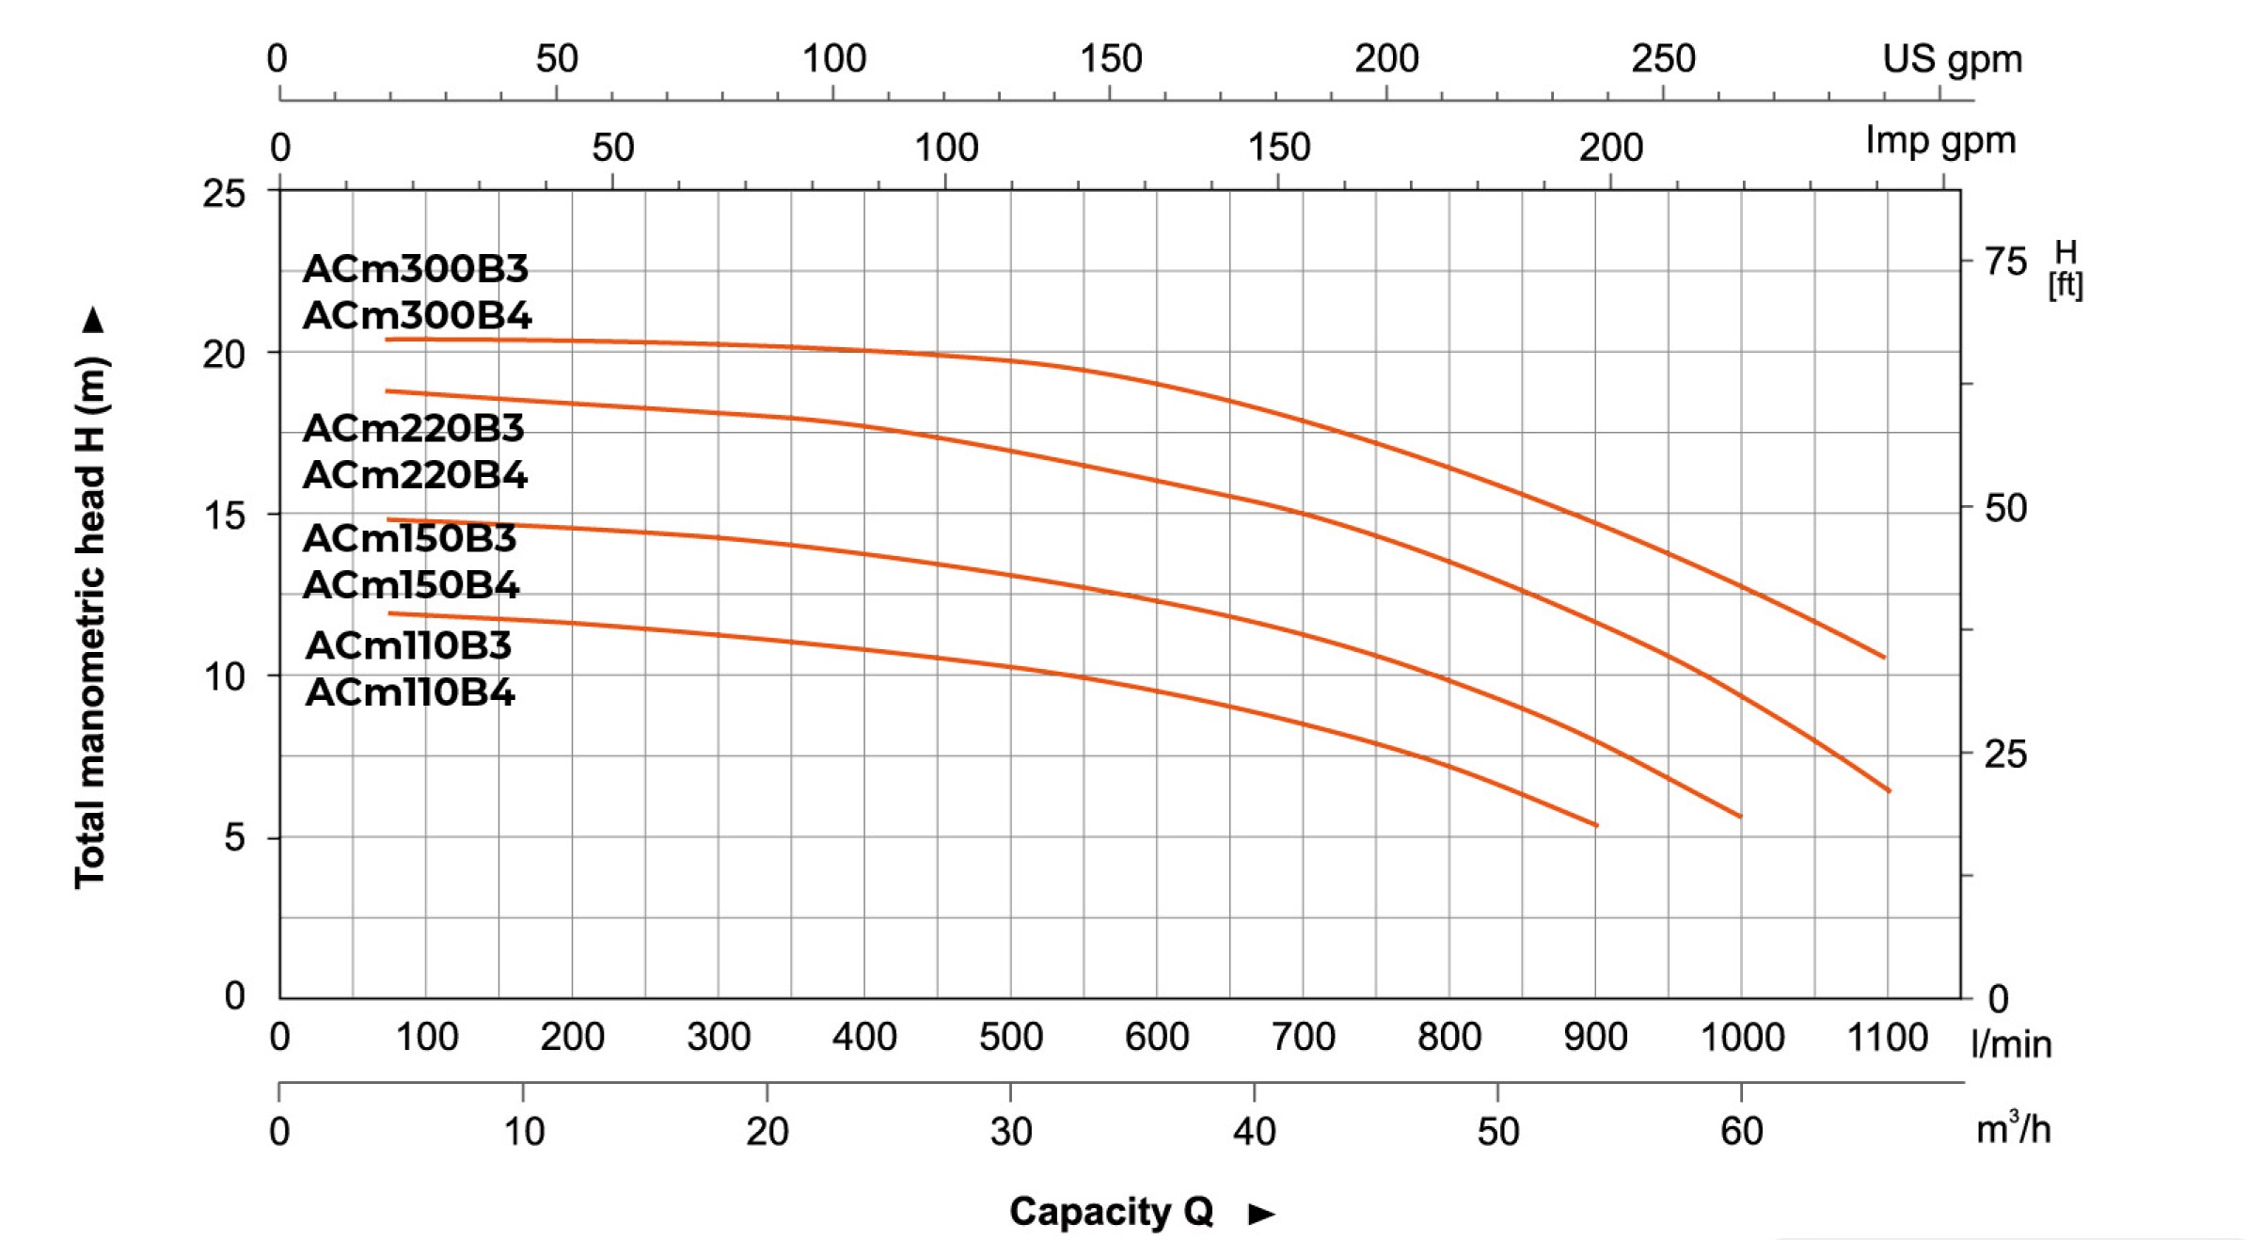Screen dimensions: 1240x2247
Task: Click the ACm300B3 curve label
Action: pos(416,269)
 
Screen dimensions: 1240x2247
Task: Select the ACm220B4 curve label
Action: pos(415,475)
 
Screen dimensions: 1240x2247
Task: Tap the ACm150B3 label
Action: pos(410,538)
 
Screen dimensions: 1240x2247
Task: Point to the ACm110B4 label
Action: pos(410,692)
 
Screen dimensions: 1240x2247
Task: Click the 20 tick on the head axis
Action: pos(224,355)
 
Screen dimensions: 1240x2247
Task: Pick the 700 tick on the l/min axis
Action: pos(1303,1037)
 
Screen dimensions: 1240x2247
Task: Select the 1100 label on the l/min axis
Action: pos(1887,1037)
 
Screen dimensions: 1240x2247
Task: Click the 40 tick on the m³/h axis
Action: pos(1254,1130)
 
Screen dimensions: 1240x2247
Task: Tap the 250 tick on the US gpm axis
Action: pos(1663,59)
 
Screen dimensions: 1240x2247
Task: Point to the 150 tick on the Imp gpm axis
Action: pos(1279,148)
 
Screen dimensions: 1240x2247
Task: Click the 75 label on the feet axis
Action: pos(2005,262)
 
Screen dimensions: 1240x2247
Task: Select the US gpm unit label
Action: pos(1952,59)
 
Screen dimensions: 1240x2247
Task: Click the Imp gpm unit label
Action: pos(1940,141)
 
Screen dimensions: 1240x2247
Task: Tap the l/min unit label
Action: pos(2011,1044)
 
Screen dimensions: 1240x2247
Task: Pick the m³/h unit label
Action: pos(2013,1128)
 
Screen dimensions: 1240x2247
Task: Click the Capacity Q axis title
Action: pos(1111,1212)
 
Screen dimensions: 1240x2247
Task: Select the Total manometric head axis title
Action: pos(91,621)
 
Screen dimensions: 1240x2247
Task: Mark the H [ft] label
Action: pos(2065,268)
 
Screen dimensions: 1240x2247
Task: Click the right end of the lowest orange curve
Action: pos(1596,825)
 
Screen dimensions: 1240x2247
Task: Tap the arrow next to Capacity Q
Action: pos(1261,1214)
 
